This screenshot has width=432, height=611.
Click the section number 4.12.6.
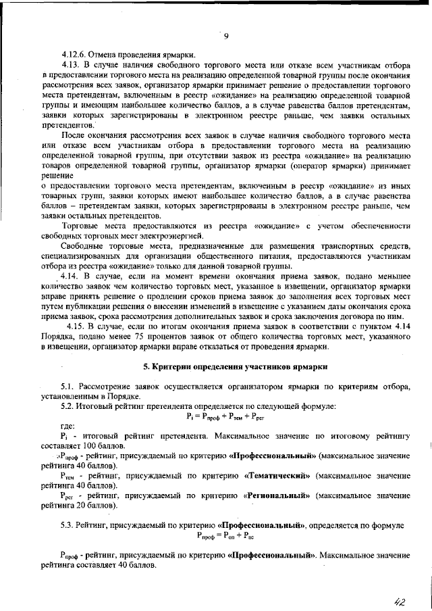74,54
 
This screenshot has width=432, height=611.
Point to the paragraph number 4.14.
70,277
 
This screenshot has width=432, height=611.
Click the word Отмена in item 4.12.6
102,54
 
